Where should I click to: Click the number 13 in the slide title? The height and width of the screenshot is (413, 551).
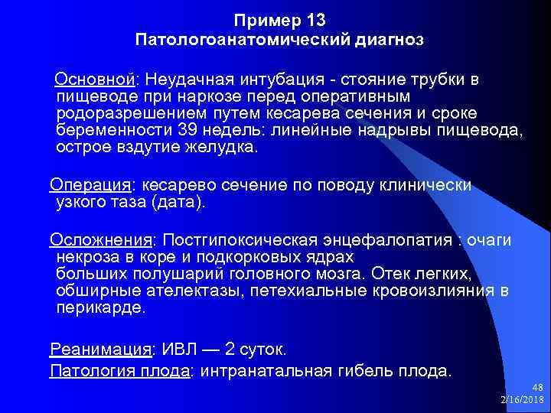pos(322,18)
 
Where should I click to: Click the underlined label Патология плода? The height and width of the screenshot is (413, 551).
pos(119,372)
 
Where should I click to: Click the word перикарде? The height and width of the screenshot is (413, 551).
pos(99,308)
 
